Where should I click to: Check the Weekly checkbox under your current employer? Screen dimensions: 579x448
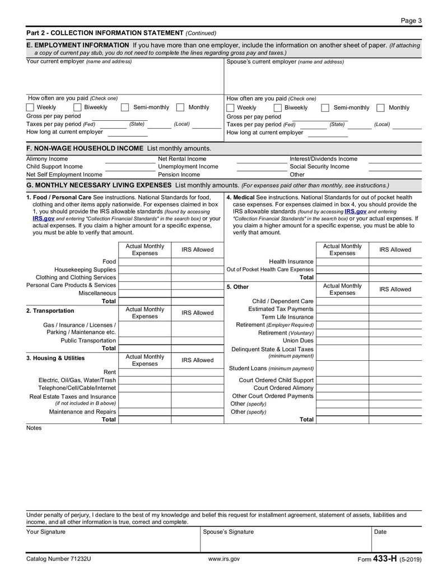click(x=30, y=107)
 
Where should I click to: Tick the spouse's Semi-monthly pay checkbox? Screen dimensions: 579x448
click(x=325, y=108)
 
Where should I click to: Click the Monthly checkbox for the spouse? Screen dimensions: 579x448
click(x=380, y=108)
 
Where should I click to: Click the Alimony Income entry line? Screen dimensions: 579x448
click(x=129, y=159)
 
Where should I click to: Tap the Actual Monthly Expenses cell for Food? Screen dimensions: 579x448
click(x=144, y=262)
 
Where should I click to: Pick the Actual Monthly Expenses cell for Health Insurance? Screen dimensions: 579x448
click(x=342, y=262)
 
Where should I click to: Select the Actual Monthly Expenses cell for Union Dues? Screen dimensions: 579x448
click(x=342, y=340)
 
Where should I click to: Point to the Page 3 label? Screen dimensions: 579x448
click(x=411, y=21)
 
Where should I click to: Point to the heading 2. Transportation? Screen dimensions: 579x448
click(x=50, y=310)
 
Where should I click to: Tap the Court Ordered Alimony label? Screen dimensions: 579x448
click(x=283, y=388)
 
